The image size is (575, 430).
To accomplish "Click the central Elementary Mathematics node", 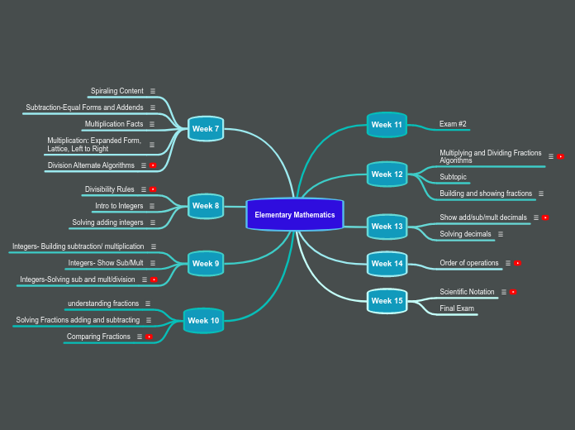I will [x=294, y=215].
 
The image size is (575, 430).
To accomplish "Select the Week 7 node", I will [x=206, y=129].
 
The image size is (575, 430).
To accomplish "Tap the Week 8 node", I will [x=206, y=206].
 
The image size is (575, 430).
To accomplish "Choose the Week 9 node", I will [x=206, y=264].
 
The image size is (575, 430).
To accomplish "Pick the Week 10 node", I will [x=203, y=321].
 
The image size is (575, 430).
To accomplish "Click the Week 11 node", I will [x=387, y=125].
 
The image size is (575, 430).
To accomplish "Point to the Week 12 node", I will [x=387, y=174].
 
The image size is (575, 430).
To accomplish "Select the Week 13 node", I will [x=387, y=227].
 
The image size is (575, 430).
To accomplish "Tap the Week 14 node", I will [x=387, y=264].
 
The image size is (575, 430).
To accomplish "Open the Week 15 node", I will [x=387, y=301].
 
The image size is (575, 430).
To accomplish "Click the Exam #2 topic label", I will [x=453, y=124].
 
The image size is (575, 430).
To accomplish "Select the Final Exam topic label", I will [x=457, y=308].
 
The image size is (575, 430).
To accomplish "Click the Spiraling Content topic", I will [x=117, y=91].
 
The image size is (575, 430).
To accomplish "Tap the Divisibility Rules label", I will [x=110, y=189].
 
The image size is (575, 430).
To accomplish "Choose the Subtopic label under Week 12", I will [x=453, y=177].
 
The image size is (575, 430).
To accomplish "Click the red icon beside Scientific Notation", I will [x=513, y=292].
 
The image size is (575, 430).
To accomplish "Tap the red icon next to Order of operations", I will [x=517, y=263].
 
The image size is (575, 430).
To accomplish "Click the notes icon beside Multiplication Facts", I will [x=152, y=124].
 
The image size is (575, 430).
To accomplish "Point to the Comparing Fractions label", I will [x=99, y=337].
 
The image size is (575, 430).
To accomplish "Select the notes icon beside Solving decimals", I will [x=501, y=234].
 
